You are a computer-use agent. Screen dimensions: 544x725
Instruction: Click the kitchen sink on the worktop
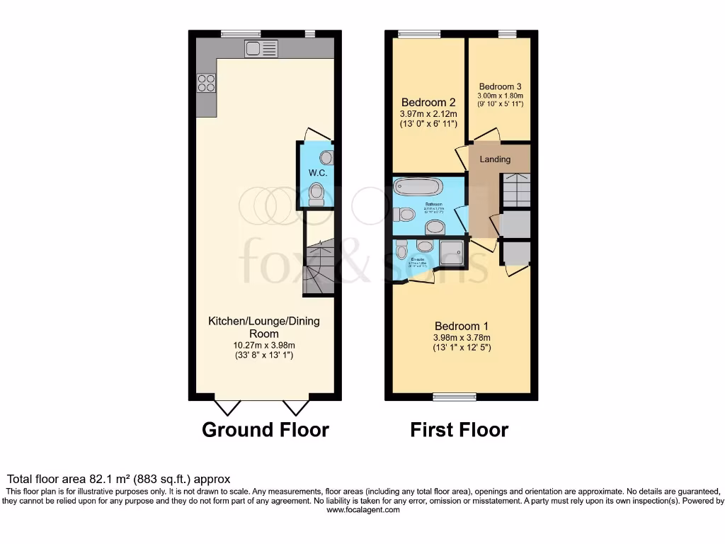[261, 48]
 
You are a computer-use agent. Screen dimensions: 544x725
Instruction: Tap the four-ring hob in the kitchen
[206, 83]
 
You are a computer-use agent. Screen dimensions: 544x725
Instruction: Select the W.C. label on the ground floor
[316, 173]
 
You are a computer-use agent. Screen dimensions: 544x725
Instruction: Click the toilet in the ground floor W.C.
[316, 192]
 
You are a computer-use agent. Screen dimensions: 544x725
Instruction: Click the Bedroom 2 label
[429, 102]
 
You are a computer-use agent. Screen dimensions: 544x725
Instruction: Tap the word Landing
[495, 159]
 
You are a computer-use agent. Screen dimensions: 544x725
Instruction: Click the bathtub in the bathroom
[417, 188]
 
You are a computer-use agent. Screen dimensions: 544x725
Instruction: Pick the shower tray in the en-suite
[451, 251]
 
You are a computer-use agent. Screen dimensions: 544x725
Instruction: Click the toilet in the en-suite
[401, 249]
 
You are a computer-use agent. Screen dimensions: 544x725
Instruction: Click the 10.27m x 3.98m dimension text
[263, 345]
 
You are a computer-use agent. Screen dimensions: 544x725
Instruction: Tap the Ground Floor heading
[266, 430]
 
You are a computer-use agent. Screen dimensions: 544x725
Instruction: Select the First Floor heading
[459, 430]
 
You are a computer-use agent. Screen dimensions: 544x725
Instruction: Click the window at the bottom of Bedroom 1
[455, 397]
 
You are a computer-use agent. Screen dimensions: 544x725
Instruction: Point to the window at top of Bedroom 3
[506, 33]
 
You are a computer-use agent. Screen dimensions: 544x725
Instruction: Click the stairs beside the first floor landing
[516, 191]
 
